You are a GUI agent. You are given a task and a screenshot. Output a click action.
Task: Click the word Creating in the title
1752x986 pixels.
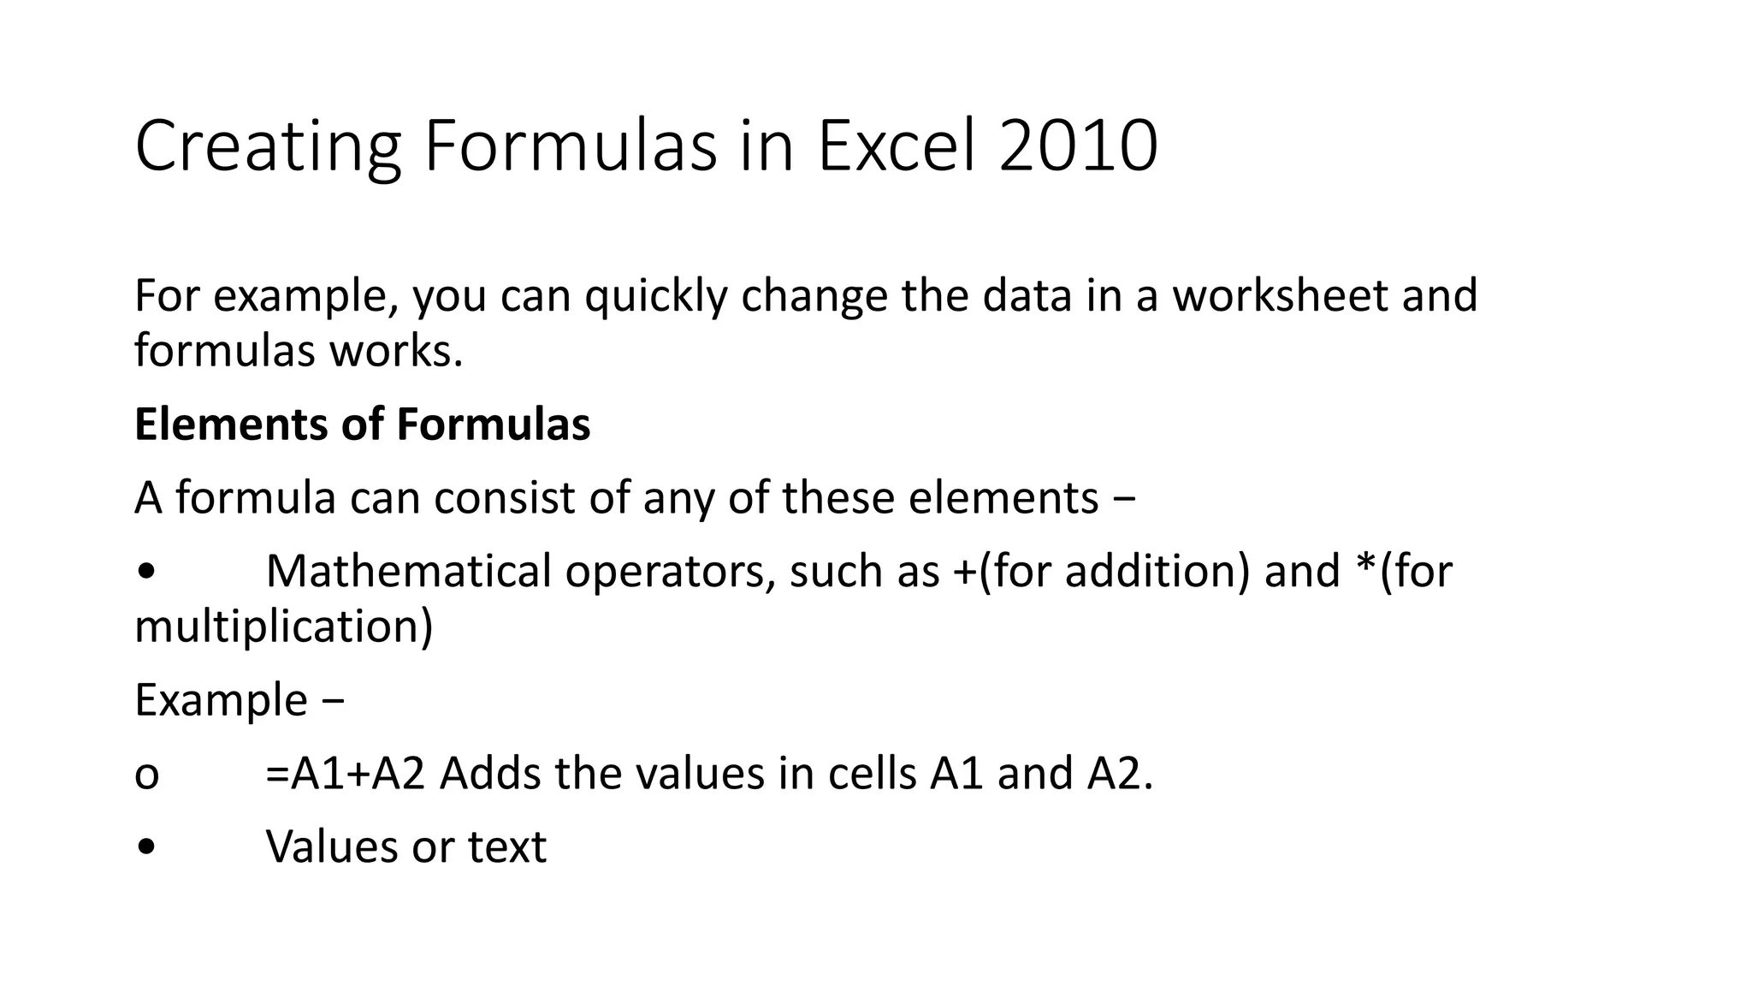tap(268, 147)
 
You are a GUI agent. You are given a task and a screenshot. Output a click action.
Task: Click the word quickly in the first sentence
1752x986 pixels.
tap(655, 296)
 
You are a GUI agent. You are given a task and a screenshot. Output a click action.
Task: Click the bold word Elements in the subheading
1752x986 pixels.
tap(231, 425)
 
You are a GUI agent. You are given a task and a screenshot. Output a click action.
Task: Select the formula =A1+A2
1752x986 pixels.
tap(346, 774)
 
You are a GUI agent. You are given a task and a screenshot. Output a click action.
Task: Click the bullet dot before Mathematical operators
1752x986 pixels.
tap(146, 572)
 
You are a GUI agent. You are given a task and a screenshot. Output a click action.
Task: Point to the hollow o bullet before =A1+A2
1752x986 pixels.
tap(146, 775)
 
